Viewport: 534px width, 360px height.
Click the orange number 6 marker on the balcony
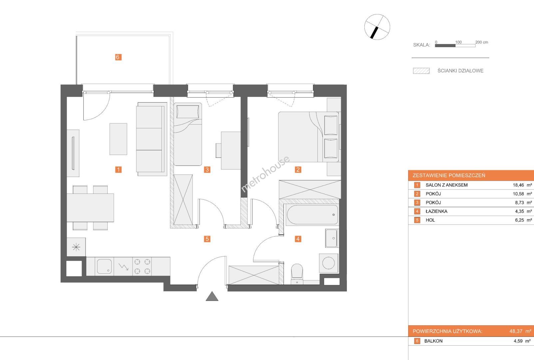[118, 57]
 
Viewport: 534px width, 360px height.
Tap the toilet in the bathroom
[297, 274]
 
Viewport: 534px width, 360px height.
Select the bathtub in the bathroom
[312, 214]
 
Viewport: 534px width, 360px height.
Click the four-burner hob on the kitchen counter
[142, 266]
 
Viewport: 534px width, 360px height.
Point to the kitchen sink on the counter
[104, 266]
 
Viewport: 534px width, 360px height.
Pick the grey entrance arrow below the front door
[212, 296]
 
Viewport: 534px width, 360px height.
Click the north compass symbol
[377, 27]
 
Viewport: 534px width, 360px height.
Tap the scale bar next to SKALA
[455, 46]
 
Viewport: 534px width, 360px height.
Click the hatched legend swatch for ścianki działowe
[421, 71]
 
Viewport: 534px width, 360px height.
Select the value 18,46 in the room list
[518, 185]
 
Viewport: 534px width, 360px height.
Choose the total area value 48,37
[516, 331]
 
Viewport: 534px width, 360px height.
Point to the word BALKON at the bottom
[433, 341]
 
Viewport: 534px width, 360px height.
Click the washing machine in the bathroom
[328, 263]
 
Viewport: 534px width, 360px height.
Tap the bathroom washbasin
[331, 238]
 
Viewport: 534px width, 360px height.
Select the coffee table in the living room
[118, 139]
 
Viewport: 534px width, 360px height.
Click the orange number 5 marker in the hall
[207, 239]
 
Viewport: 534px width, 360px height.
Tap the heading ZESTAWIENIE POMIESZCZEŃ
[449, 176]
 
